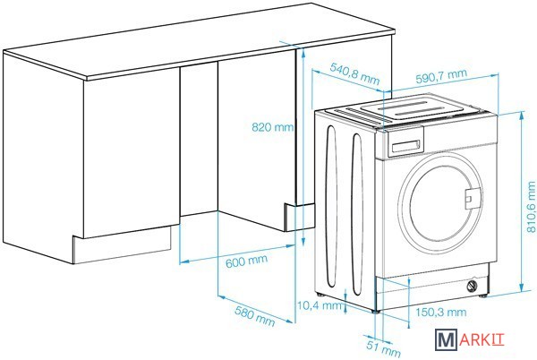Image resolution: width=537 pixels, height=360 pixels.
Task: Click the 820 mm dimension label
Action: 272,127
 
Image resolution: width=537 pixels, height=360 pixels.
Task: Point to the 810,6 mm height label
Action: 530,203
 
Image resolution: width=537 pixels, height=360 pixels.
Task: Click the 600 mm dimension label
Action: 243,261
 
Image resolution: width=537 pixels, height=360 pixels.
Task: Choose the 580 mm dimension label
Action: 254,314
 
